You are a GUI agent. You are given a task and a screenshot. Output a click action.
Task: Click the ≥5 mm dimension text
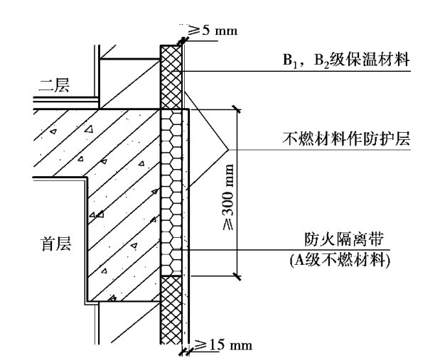tap(213, 30)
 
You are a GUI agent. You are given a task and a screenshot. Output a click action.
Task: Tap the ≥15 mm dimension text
tap(222, 345)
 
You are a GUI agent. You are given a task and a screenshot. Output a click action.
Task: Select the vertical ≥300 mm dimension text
tap(228, 197)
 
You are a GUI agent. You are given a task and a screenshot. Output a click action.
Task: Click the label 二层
tap(54, 86)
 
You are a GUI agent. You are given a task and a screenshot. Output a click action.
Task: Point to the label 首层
tap(56, 244)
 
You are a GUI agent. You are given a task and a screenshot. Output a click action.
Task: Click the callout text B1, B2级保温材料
tap(346, 60)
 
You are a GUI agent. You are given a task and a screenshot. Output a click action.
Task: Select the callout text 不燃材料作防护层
tap(346, 138)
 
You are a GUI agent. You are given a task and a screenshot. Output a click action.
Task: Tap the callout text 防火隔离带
tap(344, 239)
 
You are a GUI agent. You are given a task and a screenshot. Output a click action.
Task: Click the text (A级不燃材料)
tap(340, 261)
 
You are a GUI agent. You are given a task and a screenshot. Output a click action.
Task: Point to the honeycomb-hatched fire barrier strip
tap(171, 192)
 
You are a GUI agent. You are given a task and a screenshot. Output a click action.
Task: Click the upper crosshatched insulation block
tap(171, 77)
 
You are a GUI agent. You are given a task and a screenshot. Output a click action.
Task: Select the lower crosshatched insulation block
tap(171, 310)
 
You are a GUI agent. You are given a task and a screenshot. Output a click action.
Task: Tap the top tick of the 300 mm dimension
tap(237, 110)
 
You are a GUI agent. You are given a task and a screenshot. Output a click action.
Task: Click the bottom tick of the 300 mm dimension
tap(237, 276)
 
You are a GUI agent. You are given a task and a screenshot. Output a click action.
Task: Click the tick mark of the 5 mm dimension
tap(182, 40)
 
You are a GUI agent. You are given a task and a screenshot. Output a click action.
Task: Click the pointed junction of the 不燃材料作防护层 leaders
tap(228, 150)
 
